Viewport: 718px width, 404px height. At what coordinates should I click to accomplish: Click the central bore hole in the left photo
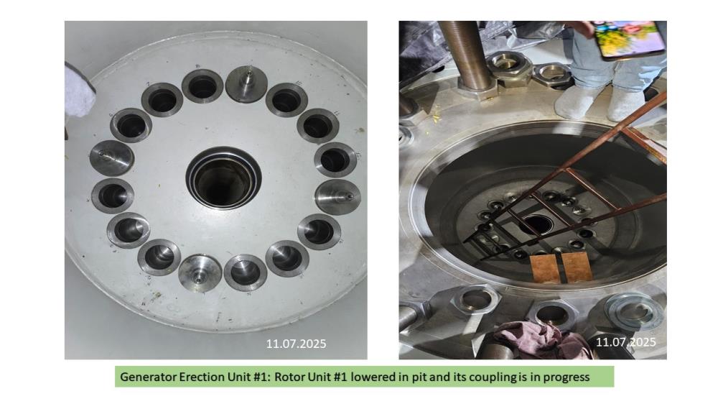[x=223, y=178]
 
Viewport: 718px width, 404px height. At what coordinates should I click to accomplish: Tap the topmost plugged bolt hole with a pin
[x=246, y=83]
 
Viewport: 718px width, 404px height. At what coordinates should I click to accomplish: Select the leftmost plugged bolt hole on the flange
[x=112, y=157]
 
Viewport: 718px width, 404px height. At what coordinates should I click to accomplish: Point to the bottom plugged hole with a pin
[x=200, y=273]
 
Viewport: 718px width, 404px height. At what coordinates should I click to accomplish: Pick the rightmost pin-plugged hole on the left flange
[x=338, y=197]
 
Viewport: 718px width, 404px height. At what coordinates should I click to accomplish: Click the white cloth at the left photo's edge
[x=79, y=91]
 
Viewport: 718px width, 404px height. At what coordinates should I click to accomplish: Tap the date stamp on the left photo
[x=297, y=344]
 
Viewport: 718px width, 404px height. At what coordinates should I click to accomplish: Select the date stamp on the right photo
[x=626, y=342]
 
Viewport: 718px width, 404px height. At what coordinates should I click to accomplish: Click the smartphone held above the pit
[x=628, y=40]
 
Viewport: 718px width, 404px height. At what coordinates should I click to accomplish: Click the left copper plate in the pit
[x=546, y=269]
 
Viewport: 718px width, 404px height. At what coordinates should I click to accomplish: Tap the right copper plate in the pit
[x=577, y=267]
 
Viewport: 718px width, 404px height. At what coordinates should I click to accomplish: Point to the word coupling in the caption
[x=494, y=377]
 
